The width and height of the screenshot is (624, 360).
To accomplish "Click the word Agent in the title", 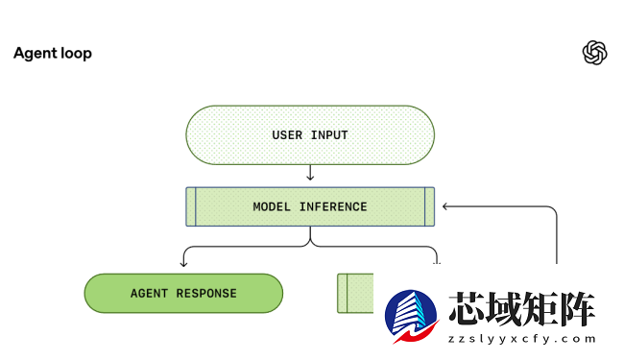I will click(x=33, y=54).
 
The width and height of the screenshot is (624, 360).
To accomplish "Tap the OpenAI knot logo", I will click(x=595, y=53).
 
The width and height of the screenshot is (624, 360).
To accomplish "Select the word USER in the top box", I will click(x=287, y=135).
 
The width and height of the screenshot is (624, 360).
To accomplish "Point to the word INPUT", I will click(x=329, y=135).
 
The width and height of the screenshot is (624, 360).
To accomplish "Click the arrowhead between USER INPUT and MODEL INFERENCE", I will click(x=310, y=177).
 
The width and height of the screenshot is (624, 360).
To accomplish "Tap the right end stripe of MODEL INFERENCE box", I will click(x=429, y=206).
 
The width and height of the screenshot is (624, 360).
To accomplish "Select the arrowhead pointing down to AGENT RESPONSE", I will click(x=183, y=262).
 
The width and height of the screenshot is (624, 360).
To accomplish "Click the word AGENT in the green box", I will click(x=149, y=293).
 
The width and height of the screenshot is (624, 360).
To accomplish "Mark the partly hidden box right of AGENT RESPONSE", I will click(x=355, y=293).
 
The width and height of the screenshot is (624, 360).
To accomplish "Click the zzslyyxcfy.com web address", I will click(x=522, y=339).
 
